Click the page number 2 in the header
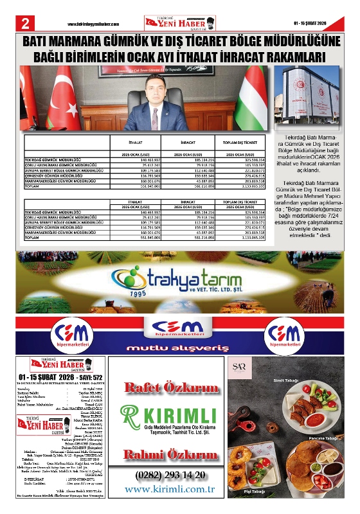click(x=25, y=22)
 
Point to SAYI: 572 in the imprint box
click(x=87, y=377)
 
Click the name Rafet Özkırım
click(x=172, y=387)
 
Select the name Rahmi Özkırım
click(x=172, y=454)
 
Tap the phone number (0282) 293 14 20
click(x=172, y=475)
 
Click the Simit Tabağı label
click(x=319, y=380)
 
